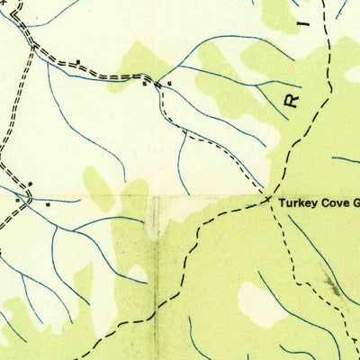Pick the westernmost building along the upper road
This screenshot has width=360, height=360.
79,62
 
